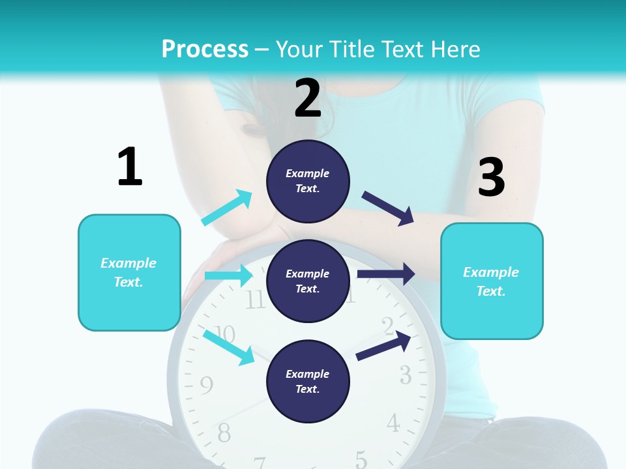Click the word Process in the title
click(x=205, y=49)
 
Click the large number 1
click(x=130, y=167)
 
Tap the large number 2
click(x=308, y=98)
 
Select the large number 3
click(x=491, y=178)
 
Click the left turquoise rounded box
click(x=129, y=272)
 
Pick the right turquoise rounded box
click(x=492, y=281)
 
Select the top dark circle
click(x=308, y=181)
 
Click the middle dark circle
click(x=308, y=281)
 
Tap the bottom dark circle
click(x=308, y=381)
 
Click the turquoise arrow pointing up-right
click(x=227, y=208)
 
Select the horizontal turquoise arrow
click(x=228, y=276)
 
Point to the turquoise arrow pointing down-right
click(x=228, y=347)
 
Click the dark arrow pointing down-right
click(x=388, y=208)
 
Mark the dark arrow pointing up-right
click(x=383, y=346)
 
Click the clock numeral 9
click(x=206, y=386)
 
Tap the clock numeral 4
click(x=393, y=423)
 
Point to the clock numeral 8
click(x=224, y=433)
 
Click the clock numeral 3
click(x=405, y=375)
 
